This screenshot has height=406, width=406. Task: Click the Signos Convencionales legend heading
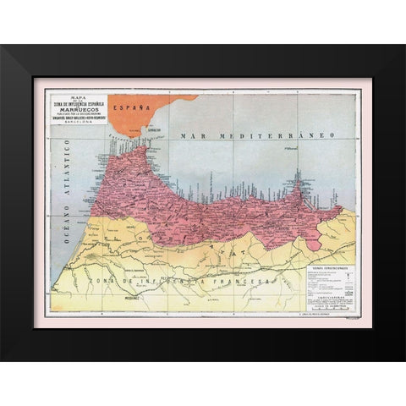coord(330,269)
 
